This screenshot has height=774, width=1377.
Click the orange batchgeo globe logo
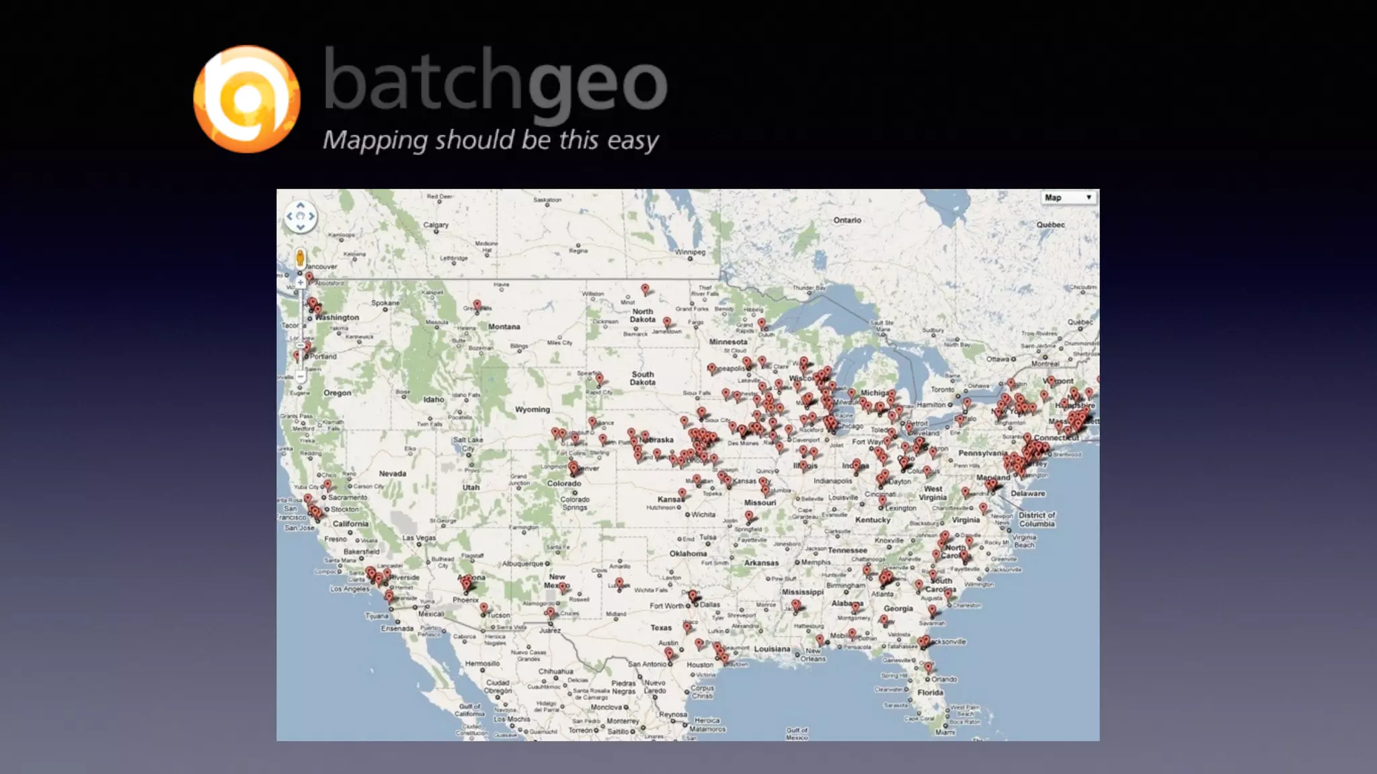[x=246, y=99]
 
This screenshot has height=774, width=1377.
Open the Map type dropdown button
[x=1068, y=198]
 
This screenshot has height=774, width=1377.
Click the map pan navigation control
[x=300, y=216]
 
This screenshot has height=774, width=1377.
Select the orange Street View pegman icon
[x=300, y=257]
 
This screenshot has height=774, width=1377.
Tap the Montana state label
[x=504, y=327]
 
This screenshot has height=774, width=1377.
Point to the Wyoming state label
[x=532, y=409]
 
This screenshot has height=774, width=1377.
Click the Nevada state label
[x=392, y=474]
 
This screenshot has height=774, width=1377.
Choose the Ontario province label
[x=847, y=220]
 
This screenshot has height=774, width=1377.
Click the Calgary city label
[x=436, y=225]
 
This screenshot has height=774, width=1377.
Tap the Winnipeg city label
[x=691, y=252]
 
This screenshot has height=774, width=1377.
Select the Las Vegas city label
[x=419, y=537]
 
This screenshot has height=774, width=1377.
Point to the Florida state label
[x=931, y=692]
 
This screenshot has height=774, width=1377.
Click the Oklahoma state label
[x=688, y=554]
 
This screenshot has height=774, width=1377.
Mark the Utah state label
[x=471, y=487]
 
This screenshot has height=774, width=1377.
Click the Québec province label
[x=1050, y=224]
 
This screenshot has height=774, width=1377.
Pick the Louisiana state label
[x=772, y=649]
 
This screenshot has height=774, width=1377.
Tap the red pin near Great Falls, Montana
[x=477, y=305]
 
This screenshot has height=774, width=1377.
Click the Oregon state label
[x=337, y=393]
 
